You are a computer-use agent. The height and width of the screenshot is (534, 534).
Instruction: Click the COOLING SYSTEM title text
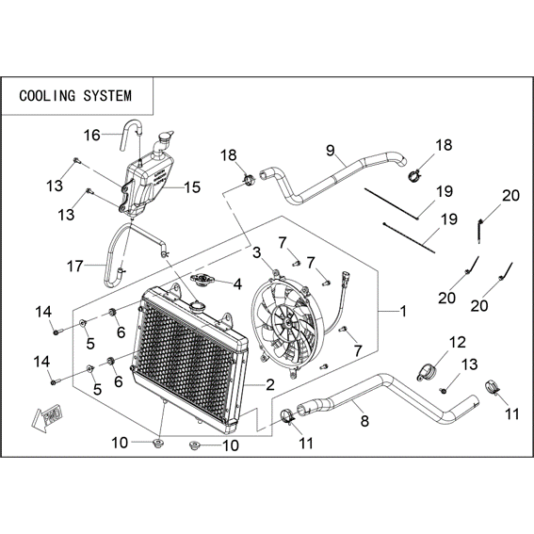tap(75, 96)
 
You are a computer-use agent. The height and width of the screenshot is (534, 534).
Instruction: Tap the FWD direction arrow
tap(46, 417)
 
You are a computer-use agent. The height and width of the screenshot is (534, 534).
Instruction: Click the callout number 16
tap(92, 136)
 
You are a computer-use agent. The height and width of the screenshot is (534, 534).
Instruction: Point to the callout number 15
tap(192, 187)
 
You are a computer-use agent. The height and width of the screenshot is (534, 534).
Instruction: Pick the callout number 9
tap(331, 150)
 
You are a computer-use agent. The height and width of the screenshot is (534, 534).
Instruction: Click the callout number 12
tap(458, 342)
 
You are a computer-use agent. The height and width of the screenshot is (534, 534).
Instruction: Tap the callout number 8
tap(364, 421)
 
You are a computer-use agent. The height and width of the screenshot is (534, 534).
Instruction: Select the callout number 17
tap(75, 266)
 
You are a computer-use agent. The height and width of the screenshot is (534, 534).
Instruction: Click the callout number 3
tap(257, 252)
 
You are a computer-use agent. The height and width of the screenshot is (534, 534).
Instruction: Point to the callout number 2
tap(270, 384)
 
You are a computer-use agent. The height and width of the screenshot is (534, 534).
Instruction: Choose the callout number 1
tap(403, 311)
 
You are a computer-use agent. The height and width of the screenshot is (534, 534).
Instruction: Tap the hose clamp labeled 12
tap(426, 372)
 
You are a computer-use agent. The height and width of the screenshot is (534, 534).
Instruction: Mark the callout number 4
tap(237, 284)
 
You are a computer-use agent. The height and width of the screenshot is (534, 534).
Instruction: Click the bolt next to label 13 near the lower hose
tap(444, 391)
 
